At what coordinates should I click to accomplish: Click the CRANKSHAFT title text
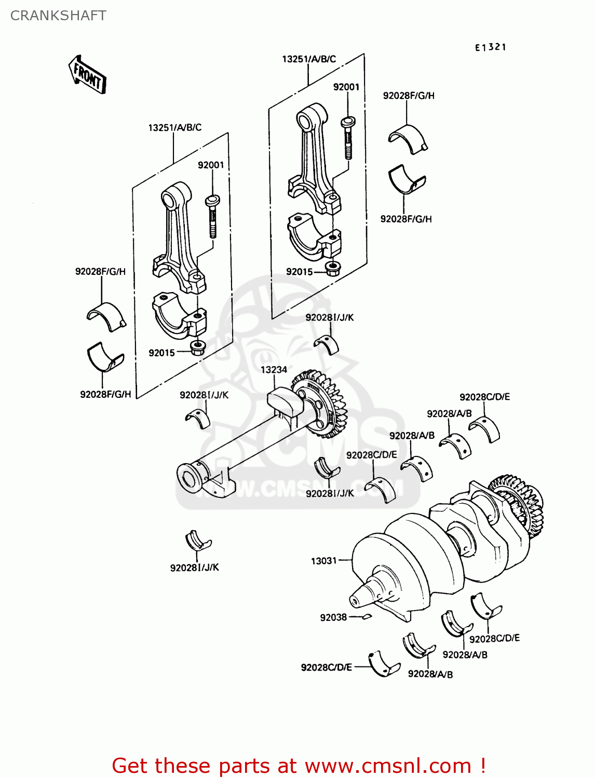point(58,16)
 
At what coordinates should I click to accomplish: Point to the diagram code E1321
point(490,47)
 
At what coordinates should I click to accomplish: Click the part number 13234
point(274,370)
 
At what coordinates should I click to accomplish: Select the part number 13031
point(323,561)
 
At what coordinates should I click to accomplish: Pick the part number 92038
point(333,617)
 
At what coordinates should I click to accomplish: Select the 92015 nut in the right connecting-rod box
point(331,269)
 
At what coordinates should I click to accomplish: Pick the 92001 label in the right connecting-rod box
point(346,87)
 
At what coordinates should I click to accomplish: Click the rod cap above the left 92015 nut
point(180,316)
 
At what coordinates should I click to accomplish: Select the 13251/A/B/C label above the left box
point(174,127)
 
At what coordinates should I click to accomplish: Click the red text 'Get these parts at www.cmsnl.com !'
point(299,766)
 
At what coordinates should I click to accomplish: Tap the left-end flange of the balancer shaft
point(189,478)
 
